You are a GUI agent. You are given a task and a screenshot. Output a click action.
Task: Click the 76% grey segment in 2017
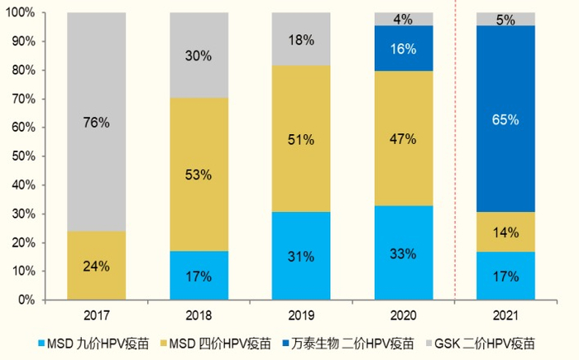click(x=96, y=122)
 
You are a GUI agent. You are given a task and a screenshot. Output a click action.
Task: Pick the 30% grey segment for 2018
click(x=199, y=55)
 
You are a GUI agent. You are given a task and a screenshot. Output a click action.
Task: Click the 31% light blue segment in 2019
click(x=302, y=256)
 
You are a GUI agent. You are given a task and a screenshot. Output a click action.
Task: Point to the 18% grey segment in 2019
click(x=302, y=39)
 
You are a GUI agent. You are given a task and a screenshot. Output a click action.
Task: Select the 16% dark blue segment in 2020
click(x=404, y=48)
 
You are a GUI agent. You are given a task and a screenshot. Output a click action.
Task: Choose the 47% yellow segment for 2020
click(x=404, y=138)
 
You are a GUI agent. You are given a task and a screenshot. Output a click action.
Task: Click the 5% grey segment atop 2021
click(x=506, y=18)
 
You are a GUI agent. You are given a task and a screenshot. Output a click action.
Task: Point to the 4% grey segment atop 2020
click(x=404, y=18)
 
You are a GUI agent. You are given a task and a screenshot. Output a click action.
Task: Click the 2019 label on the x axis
click(x=302, y=315)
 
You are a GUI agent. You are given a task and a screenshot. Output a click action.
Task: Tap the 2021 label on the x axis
click(x=506, y=315)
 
